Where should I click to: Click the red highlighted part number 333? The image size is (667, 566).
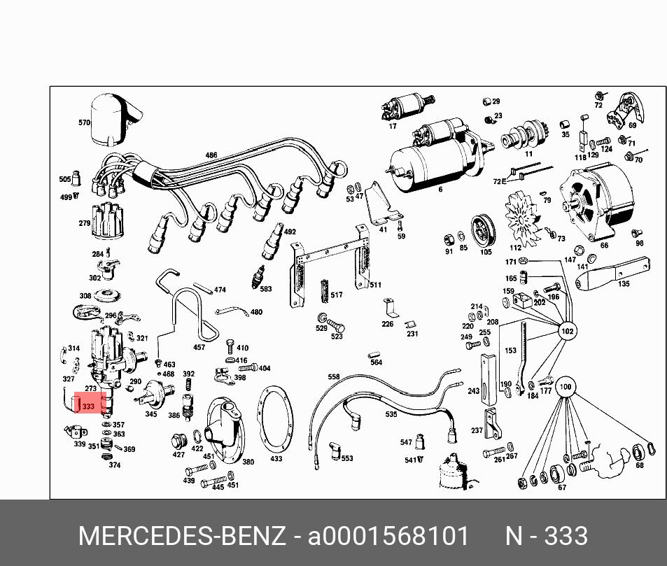[88, 406]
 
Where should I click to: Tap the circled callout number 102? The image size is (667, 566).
[568, 331]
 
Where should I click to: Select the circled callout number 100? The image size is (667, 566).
[565, 387]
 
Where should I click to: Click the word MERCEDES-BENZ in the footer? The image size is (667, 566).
[182, 536]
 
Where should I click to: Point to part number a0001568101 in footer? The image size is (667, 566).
[388, 536]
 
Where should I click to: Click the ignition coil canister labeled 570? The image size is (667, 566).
[114, 120]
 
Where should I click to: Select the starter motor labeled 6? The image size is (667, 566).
[438, 155]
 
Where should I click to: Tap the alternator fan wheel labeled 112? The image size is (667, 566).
[523, 219]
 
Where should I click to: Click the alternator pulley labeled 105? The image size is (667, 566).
[484, 230]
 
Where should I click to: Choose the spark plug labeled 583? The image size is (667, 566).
[259, 277]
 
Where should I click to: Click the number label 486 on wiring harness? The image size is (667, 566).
[211, 155]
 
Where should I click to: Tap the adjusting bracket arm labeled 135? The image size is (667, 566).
[612, 274]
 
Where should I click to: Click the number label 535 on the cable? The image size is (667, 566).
[391, 414]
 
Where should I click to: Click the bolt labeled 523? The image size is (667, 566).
[336, 327]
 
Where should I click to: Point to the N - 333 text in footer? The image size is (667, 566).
[546, 536]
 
